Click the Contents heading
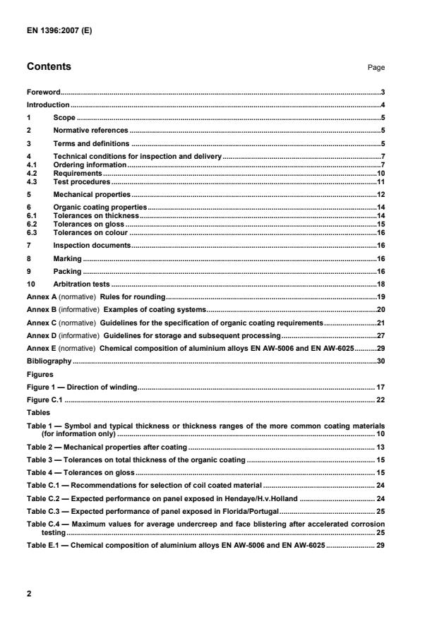click(49, 67)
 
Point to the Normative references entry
click(90, 131)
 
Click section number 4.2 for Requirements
click(32, 172)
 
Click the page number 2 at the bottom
click(29, 594)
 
